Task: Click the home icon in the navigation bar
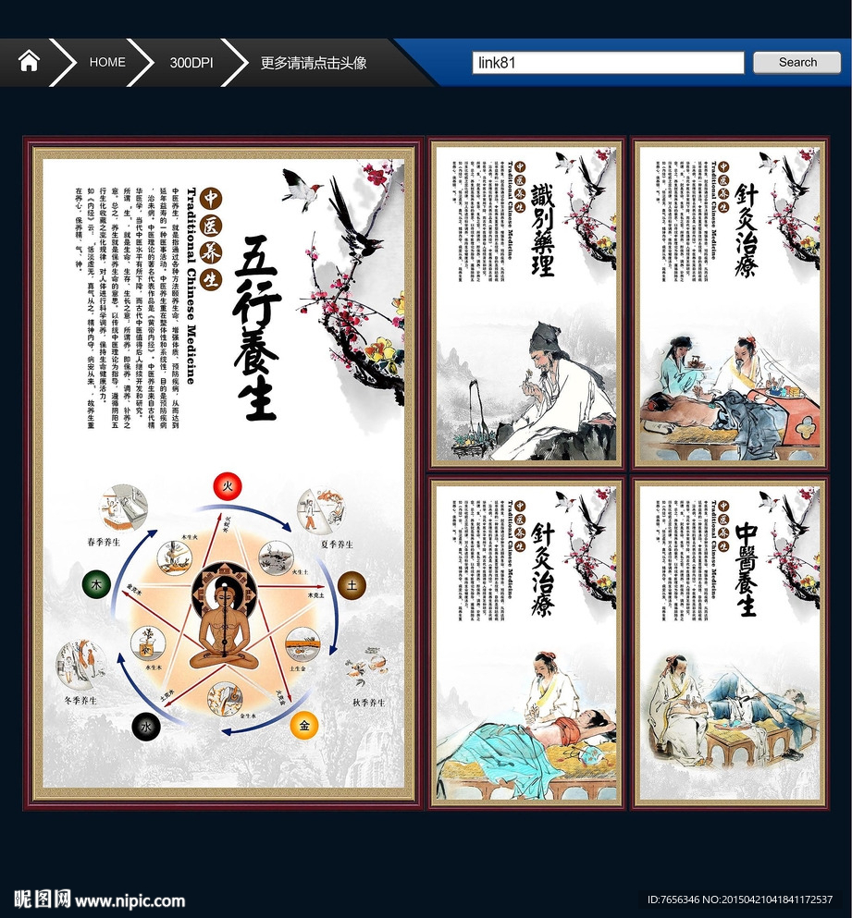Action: [x=29, y=62]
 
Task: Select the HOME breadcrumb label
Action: [x=107, y=62]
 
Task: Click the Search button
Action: [x=796, y=62]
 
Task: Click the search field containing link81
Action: [x=608, y=63]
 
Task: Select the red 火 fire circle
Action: [x=227, y=484]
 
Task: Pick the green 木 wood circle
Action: [x=95, y=584]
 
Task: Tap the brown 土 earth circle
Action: [x=352, y=584]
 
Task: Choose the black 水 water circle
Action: [x=145, y=728]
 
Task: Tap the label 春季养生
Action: [x=104, y=543]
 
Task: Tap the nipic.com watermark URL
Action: [x=130, y=900]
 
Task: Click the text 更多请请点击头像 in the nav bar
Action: [x=314, y=63]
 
